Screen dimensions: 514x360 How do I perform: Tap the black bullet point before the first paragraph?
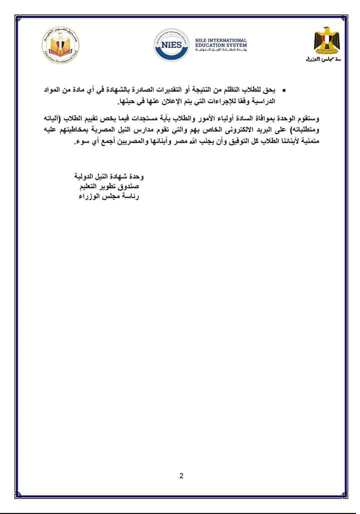[284, 91]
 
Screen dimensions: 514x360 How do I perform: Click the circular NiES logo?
[172, 44]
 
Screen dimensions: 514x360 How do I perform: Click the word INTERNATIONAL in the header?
[228, 40]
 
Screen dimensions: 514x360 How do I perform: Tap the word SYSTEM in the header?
[235, 45]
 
